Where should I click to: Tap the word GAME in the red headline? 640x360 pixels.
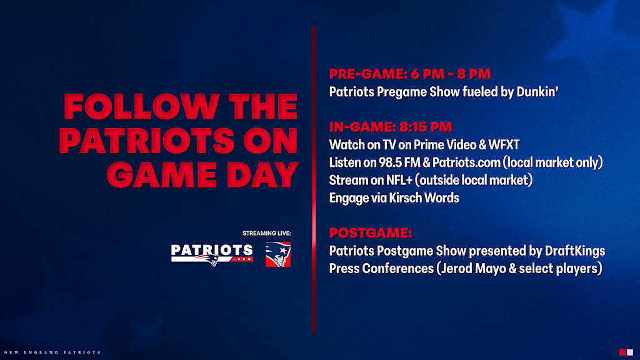click(x=162, y=175)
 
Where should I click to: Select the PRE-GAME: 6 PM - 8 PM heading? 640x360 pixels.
click(x=410, y=74)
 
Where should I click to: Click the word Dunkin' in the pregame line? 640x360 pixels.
click(x=537, y=92)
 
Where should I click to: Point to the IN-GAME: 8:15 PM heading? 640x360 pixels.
click(x=391, y=127)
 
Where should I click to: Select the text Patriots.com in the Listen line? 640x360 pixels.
click(x=466, y=162)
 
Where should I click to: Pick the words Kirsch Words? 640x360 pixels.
click(x=424, y=198)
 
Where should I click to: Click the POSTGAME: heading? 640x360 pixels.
click(x=371, y=233)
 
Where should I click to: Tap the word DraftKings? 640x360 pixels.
click(x=575, y=251)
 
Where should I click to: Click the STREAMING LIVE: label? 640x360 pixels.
click(x=266, y=234)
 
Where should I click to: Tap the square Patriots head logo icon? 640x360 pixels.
click(x=278, y=254)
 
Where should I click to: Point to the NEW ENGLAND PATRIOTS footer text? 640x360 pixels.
click(x=52, y=352)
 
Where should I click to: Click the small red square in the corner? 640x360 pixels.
click(x=622, y=352)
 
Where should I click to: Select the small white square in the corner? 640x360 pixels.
click(x=630, y=352)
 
